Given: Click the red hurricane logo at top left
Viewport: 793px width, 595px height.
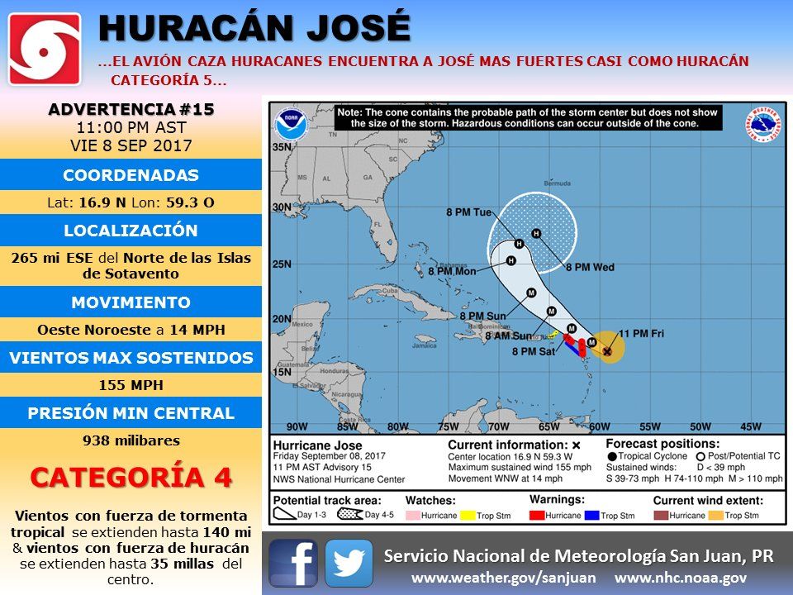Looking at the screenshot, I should [x=45, y=49].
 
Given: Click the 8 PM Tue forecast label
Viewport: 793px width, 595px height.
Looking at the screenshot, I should [x=472, y=212].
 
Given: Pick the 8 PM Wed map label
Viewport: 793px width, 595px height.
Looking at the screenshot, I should [x=590, y=268].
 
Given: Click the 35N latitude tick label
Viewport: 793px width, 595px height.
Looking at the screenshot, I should [x=283, y=147].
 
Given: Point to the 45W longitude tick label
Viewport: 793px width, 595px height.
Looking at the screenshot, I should [x=750, y=427].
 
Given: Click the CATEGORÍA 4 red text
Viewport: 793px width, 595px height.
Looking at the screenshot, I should [x=131, y=477].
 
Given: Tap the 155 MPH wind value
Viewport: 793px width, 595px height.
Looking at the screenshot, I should [x=131, y=385].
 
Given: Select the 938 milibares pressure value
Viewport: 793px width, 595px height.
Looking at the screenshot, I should [x=131, y=440].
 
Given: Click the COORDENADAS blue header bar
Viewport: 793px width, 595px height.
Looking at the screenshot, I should [x=131, y=175].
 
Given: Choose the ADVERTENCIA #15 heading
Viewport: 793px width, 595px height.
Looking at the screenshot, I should [x=131, y=110].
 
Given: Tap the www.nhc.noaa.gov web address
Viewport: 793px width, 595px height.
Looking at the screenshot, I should [x=681, y=578].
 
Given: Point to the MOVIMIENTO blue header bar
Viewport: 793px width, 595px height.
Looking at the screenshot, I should [x=131, y=302].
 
